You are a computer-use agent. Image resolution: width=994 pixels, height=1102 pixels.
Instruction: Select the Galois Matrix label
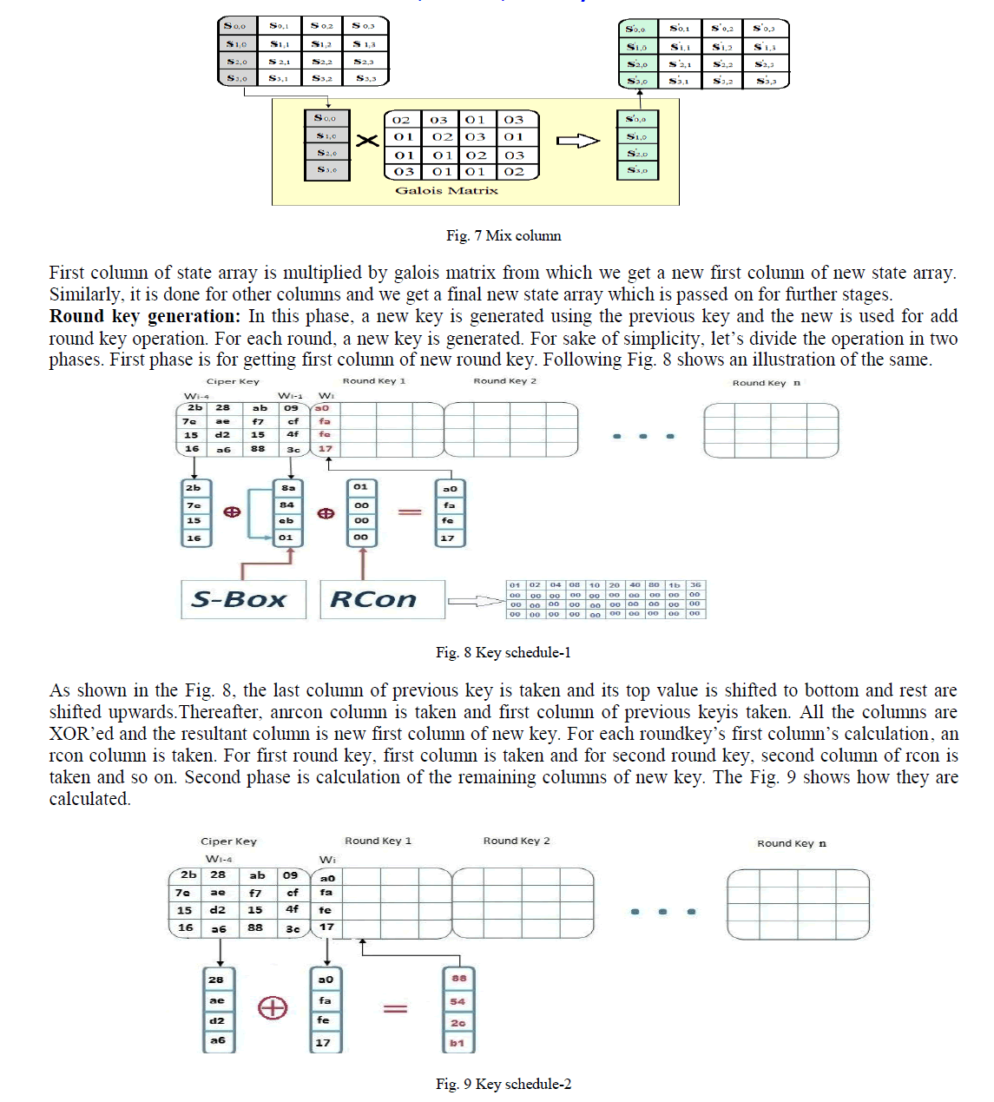click(x=446, y=190)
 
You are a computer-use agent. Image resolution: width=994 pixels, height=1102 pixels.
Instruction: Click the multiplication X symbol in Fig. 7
click(x=368, y=141)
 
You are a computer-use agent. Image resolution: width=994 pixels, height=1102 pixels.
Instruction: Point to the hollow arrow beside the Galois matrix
click(x=577, y=141)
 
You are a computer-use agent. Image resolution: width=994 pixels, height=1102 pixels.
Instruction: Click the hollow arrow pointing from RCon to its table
click(x=474, y=601)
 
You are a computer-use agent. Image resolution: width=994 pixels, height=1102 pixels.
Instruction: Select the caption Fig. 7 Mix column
click(x=504, y=235)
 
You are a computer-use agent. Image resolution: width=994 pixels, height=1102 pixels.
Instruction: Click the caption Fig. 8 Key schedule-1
click(x=503, y=652)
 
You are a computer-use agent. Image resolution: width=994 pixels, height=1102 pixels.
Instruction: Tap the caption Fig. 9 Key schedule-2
click(x=503, y=1084)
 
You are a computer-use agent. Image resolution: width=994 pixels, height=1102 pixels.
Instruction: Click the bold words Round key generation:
click(x=144, y=316)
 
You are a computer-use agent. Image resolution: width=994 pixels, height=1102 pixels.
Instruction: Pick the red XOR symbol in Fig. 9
click(x=273, y=1007)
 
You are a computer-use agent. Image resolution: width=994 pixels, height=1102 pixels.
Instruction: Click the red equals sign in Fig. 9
click(x=396, y=1008)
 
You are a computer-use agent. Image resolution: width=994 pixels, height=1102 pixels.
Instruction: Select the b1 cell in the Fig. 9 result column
click(x=458, y=1042)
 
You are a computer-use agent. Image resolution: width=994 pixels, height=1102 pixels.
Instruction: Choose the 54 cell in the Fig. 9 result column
click(x=458, y=1001)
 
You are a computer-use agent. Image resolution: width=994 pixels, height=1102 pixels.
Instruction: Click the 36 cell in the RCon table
click(x=695, y=585)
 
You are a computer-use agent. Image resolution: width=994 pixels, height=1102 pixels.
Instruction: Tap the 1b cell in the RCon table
click(x=675, y=585)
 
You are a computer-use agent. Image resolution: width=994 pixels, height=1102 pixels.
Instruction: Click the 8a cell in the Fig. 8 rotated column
click(x=287, y=488)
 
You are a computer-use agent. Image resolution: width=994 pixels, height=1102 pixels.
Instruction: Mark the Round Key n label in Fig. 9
click(x=791, y=843)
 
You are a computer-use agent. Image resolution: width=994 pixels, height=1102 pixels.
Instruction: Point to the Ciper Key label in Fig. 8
click(x=233, y=381)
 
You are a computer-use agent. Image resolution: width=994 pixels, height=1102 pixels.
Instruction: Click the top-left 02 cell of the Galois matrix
click(x=401, y=120)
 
